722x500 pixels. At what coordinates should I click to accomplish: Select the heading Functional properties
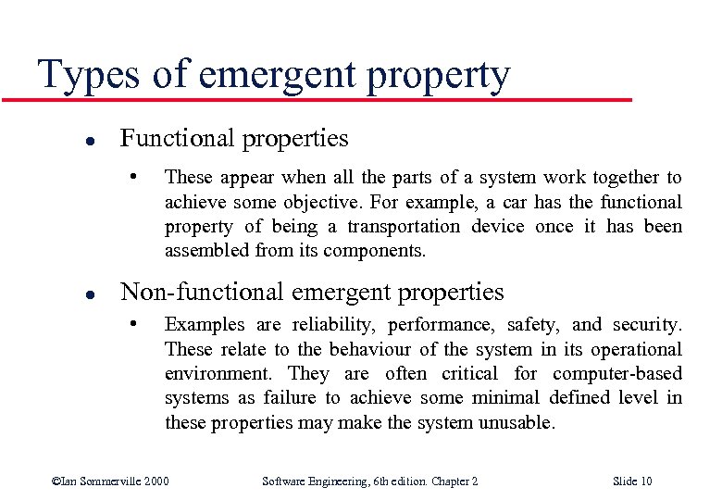234,139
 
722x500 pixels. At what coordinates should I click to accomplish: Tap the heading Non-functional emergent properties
312,293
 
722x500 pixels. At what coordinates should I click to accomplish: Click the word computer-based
617,373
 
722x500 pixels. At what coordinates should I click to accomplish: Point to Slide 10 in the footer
633,481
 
